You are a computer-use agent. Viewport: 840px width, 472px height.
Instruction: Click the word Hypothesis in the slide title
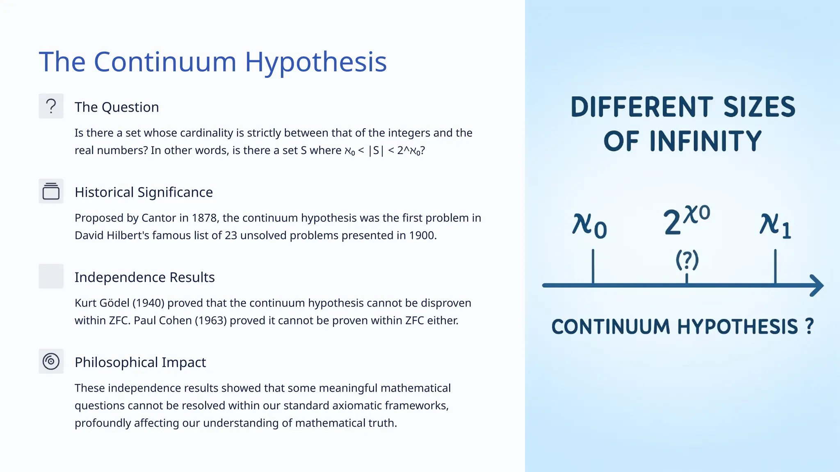(315, 62)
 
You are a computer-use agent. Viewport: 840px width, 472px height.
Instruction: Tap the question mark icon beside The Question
(51, 106)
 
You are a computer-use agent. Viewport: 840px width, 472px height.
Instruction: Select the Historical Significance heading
(144, 192)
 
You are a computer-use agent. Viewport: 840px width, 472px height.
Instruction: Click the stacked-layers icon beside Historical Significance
(51, 191)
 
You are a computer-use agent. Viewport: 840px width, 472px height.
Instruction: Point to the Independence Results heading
(144, 277)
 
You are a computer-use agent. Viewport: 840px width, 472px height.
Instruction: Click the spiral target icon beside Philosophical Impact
(51, 361)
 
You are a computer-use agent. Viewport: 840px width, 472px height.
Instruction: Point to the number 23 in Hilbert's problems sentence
(231, 236)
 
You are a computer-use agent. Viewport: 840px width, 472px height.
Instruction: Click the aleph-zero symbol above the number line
(589, 226)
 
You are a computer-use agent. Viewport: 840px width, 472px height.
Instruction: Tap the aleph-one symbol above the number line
(775, 226)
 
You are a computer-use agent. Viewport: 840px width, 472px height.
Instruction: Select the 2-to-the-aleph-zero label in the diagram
(686, 220)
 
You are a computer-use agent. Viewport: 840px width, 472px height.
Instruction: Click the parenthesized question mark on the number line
(687, 260)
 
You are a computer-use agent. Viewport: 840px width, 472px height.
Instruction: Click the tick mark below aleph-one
(775, 266)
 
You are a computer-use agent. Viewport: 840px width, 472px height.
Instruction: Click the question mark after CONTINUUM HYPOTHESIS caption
(809, 327)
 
